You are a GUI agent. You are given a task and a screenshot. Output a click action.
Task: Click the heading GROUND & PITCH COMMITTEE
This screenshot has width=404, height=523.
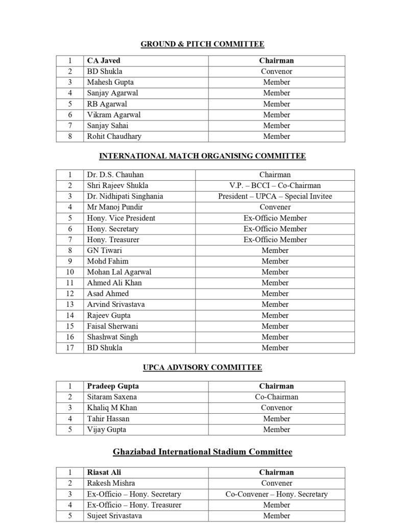pyautogui.click(x=202, y=44)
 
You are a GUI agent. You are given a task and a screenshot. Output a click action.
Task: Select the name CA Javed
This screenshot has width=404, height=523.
pyautogui.click(x=104, y=61)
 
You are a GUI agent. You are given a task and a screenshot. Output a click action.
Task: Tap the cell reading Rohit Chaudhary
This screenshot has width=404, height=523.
pyautogui.click(x=114, y=136)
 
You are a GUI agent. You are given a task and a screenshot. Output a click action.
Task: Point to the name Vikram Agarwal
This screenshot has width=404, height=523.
pyautogui.click(x=113, y=115)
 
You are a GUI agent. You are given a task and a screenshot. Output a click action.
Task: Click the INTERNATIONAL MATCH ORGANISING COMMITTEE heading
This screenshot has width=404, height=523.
pyautogui.click(x=202, y=156)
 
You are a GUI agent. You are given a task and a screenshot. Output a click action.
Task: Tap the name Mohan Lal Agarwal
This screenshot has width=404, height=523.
pyautogui.click(x=119, y=272)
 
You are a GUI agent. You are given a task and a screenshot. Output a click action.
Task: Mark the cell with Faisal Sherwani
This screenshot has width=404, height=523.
pyautogui.click(x=112, y=326)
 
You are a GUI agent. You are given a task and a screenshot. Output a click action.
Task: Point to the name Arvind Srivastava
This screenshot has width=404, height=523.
pyautogui.click(x=116, y=304)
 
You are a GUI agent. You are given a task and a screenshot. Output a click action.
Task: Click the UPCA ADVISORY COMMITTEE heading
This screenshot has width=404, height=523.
pyautogui.click(x=202, y=367)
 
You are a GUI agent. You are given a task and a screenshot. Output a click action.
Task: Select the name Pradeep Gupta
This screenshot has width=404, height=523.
pyautogui.click(x=113, y=386)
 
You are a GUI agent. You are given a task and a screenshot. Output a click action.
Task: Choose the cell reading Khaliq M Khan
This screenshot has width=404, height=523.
pyautogui.click(x=112, y=408)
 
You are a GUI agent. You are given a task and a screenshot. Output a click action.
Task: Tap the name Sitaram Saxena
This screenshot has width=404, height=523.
pyautogui.click(x=112, y=397)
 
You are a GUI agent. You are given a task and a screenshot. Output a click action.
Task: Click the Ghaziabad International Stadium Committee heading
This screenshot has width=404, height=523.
pyautogui.click(x=202, y=452)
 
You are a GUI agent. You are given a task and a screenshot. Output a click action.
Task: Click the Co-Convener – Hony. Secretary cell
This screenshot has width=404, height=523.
pyautogui.click(x=276, y=494)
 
